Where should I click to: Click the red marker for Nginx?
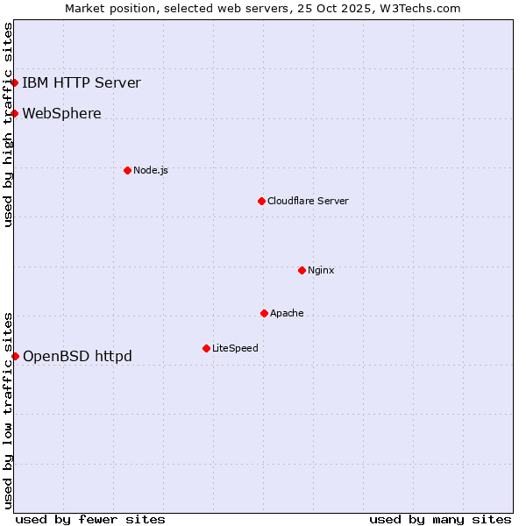[x=302, y=270]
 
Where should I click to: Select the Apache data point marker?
[x=264, y=313]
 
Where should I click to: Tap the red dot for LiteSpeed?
[x=206, y=348]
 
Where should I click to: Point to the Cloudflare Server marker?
[x=261, y=201]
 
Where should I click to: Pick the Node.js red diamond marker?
[x=127, y=170]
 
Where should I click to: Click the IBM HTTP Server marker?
[x=15, y=83]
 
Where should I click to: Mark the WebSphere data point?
[x=15, y=113]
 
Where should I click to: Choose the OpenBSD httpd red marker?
[x=15, y=356]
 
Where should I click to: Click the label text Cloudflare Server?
[x=308, y=201]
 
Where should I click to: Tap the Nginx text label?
[x=321, y=270]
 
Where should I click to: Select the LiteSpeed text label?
[x=235, y=348]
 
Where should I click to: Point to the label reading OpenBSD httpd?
[x=77, y=356]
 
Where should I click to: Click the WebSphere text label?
[x=61, y=113]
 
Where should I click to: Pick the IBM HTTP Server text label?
[x=81, y=83]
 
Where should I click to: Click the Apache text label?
[x=287, y=313]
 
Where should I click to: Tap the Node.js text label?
[x=151, y=170]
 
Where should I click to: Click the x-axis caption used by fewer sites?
[x=90, y=519]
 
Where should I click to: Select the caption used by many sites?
[x=440, y=519]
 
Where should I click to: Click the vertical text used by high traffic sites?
[x=8, y=124]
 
